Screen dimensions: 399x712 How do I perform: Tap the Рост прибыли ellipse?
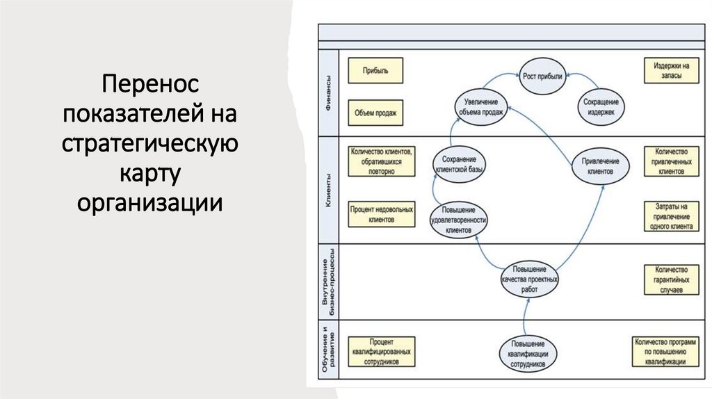pyautogui.click(x=543, y=74)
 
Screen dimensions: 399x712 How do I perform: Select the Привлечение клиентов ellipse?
pyautogui.click(x=601, y=165)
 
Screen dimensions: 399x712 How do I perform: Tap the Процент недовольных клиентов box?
pyautogui.click(x=382, y=214)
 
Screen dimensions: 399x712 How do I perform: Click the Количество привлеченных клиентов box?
pyautogui.click(x=671, y=161)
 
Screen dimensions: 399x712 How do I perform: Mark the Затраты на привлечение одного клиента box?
pyautogui.click(x=671, y=216)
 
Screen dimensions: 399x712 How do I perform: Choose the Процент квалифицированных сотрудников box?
pyautogui.click(x=382, y=352)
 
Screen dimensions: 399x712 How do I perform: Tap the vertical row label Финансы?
pyautogui.click(x=328, y=91)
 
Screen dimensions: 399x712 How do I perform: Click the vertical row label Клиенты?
pyautogui.click(x=328, y=189)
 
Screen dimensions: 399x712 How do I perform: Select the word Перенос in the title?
pyautogui.click(x=149, y=86)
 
